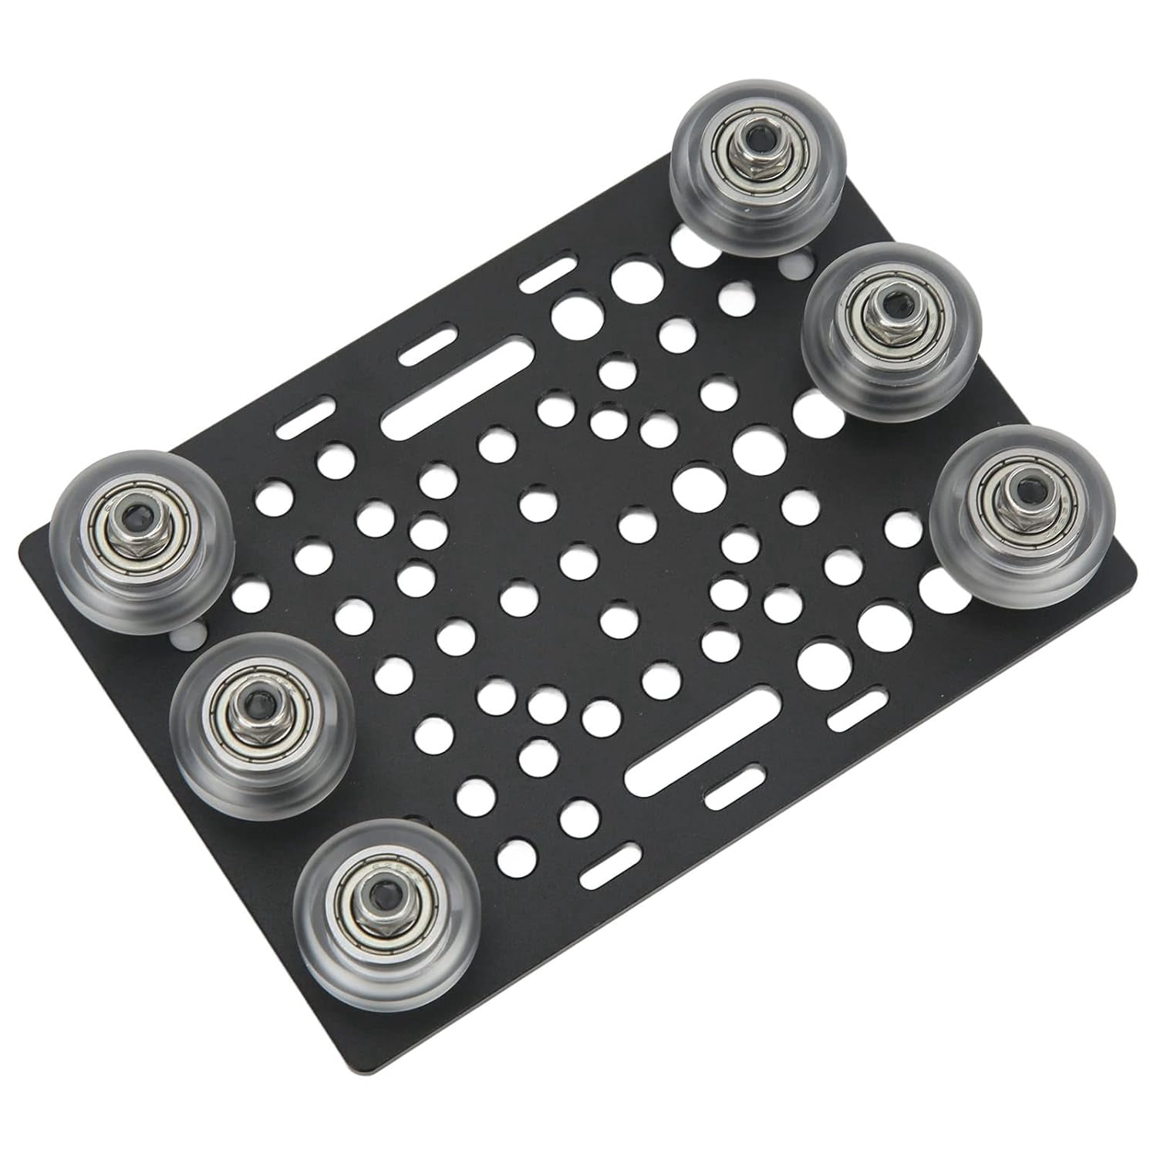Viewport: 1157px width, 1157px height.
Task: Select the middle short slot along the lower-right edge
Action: pos(734,788)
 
